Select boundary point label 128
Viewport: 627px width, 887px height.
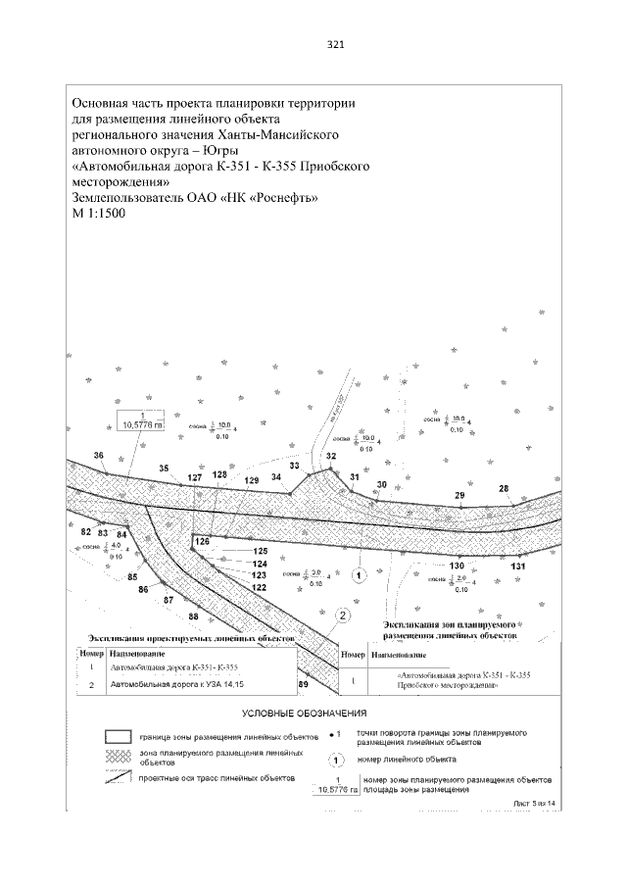pos(219,474)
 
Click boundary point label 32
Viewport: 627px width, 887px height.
pos(331,457)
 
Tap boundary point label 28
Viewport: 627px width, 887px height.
pos(505,488)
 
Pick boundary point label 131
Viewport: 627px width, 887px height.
pos(519,567)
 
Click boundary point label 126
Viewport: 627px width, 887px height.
pos(202,541)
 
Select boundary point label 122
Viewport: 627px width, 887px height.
pos(260,587)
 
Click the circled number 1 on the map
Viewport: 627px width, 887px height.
pos(359,574)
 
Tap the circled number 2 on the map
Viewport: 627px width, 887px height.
pos(343,616)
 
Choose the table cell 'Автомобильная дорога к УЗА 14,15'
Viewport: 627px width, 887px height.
pos(173,685)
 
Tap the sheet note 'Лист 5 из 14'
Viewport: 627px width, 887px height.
pos(535,803)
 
